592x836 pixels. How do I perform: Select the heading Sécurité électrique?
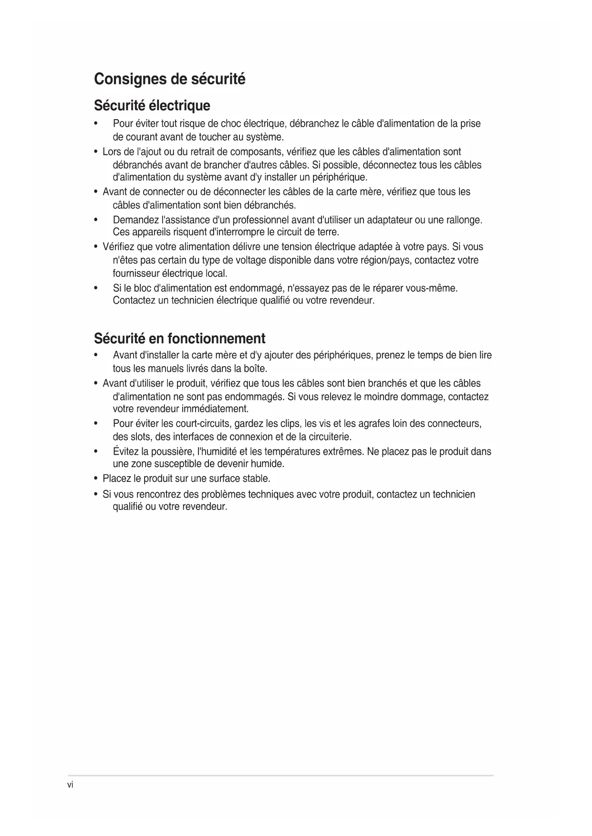pos(152,105)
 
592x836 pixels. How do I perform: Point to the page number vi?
pos(70,785)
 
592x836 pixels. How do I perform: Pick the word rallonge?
pos(462,220)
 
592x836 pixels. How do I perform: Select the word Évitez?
pos(125,451)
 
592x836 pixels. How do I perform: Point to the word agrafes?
pos(374,424)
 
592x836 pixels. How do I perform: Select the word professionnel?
pos(260,220)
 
